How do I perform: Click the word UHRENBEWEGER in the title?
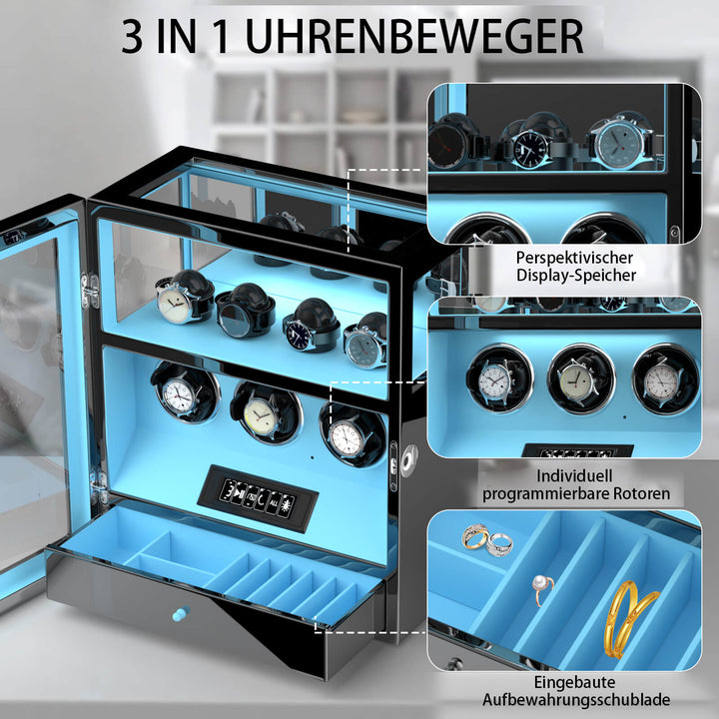[x=415, y=37]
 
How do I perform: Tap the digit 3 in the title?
[x=133, y=37]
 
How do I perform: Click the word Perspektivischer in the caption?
[x=574, y=258]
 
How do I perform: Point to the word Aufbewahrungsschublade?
[x=576, y=700]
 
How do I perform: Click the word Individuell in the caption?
[x=574, y=476]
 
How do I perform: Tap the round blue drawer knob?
[x=181, y=613]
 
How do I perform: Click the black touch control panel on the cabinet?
[x=258, y=498]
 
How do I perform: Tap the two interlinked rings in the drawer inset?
[x=487, y=539]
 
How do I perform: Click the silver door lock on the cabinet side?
[x=409, y=460]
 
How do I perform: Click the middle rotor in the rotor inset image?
[x=580, y=378]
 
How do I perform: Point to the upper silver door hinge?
[x=90, y=290]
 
